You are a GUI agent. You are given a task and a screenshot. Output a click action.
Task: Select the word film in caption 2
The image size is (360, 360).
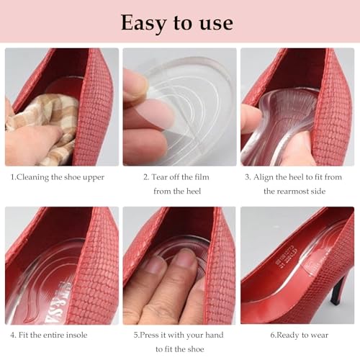pyautogui.click(x=211, y=176)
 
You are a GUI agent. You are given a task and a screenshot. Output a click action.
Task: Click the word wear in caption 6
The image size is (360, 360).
pyautogui.click(x=320, y=335)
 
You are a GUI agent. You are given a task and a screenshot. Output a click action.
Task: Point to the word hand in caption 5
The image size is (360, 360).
pyautogui.click(x=213, y=335)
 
